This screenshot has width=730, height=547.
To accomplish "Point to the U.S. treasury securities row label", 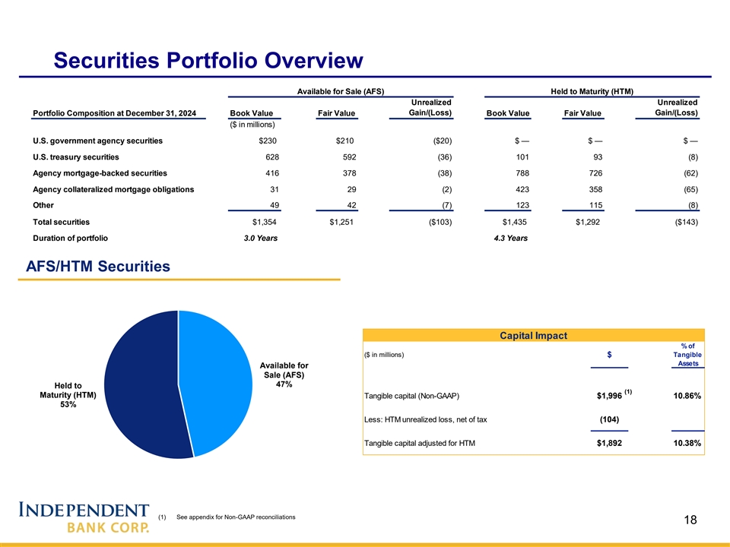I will pos(76,157).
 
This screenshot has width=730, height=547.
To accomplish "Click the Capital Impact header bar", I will pos(533,335).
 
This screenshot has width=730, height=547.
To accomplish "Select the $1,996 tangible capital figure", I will pos(609,395).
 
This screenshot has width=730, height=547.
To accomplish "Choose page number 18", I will pos(690,520).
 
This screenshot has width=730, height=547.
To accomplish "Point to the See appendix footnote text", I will pos(236,517).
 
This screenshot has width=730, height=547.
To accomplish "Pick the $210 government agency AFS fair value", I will pos(344,141).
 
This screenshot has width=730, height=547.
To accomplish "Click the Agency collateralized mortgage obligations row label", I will pos(113,189).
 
